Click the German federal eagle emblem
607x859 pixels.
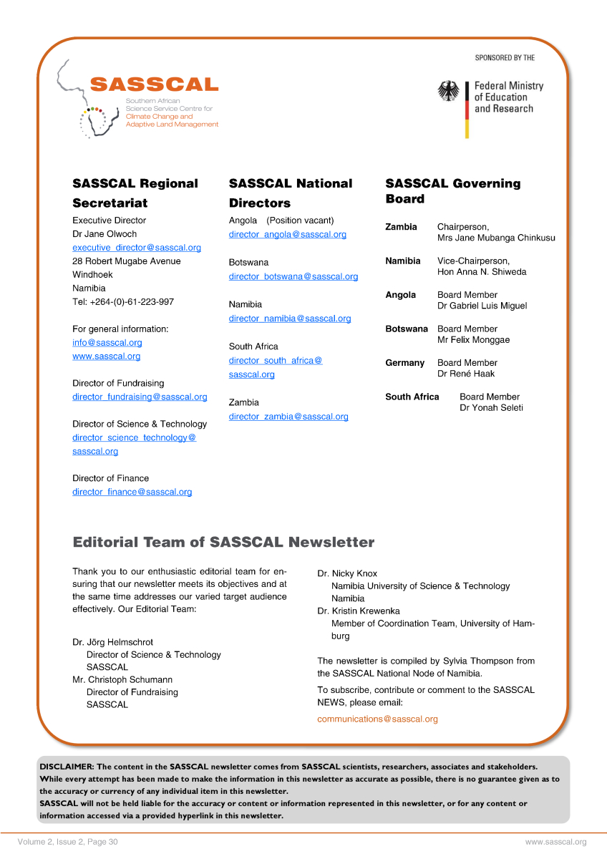448,91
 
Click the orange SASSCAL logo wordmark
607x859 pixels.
154,84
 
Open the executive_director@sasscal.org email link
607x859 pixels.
137,248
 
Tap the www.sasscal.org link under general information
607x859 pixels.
106,356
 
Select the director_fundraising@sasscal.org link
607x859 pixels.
140,397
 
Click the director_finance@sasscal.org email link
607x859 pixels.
132,492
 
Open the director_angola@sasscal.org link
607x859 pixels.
287,235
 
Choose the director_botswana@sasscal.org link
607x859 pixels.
293,277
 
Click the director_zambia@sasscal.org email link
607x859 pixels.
288,417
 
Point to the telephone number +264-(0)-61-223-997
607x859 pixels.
123,302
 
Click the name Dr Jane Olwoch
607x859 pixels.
105,234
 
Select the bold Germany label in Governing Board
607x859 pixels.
404,363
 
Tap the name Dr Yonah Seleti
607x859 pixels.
491,408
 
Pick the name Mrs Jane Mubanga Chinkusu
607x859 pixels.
496,238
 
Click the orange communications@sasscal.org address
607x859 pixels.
377,719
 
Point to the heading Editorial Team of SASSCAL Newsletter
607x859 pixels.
223,543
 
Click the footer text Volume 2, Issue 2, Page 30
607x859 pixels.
68,843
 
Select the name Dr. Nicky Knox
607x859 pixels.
347,573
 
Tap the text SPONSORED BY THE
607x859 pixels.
505,57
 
